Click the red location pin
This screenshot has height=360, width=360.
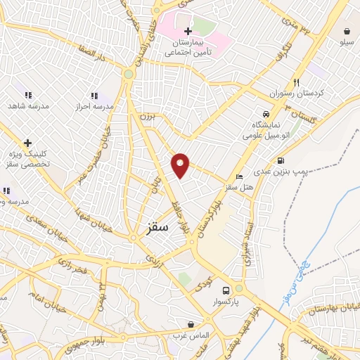[181, 164]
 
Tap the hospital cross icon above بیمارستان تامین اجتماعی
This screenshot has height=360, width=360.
[188, 32]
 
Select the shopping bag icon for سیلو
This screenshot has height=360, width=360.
[347, 31]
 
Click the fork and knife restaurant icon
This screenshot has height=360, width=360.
[296, 82]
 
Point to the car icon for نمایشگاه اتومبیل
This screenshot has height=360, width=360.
[266, 115]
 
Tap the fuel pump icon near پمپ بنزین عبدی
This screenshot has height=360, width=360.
[281, 160]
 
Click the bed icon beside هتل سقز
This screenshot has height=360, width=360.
[240, 176]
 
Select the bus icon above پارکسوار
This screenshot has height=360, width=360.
[226, 290]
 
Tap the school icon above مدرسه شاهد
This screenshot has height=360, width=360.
[28, 95]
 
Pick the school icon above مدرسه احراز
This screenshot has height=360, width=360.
[94, 96]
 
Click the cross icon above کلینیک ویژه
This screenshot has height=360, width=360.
[27, 143]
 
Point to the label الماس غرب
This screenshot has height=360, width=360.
[192, 335]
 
